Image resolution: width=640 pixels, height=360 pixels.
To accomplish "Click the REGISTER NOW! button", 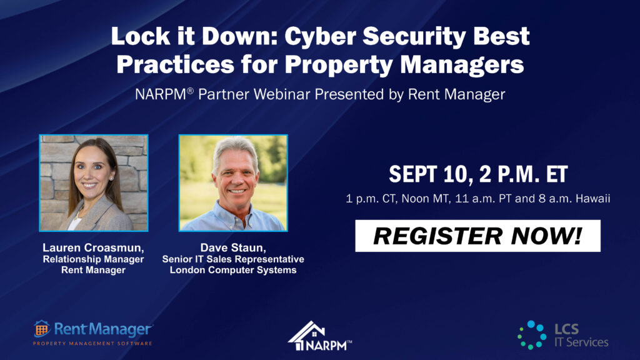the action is [477, 236].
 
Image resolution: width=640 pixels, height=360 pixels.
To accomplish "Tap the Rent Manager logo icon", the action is [41, 329].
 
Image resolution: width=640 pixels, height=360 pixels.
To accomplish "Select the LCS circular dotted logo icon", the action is [532, 335].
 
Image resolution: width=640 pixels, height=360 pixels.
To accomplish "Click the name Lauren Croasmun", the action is [93, 247].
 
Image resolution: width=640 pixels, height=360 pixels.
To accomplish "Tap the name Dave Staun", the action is [232, 247].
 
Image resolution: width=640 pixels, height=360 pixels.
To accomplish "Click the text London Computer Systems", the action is [233, 270].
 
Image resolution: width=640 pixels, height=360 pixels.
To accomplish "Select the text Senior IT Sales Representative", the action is [233, 259].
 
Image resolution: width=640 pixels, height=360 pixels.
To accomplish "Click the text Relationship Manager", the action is [93, 259].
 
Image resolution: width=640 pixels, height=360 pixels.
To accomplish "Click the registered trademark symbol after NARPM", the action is [190, 90].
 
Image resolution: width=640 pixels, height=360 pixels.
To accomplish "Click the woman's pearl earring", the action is [111, 178].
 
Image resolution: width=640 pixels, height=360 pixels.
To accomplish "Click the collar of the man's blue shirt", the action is [236, 214].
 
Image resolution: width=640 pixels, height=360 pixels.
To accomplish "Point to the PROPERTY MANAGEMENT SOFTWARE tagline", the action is [92, 343].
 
